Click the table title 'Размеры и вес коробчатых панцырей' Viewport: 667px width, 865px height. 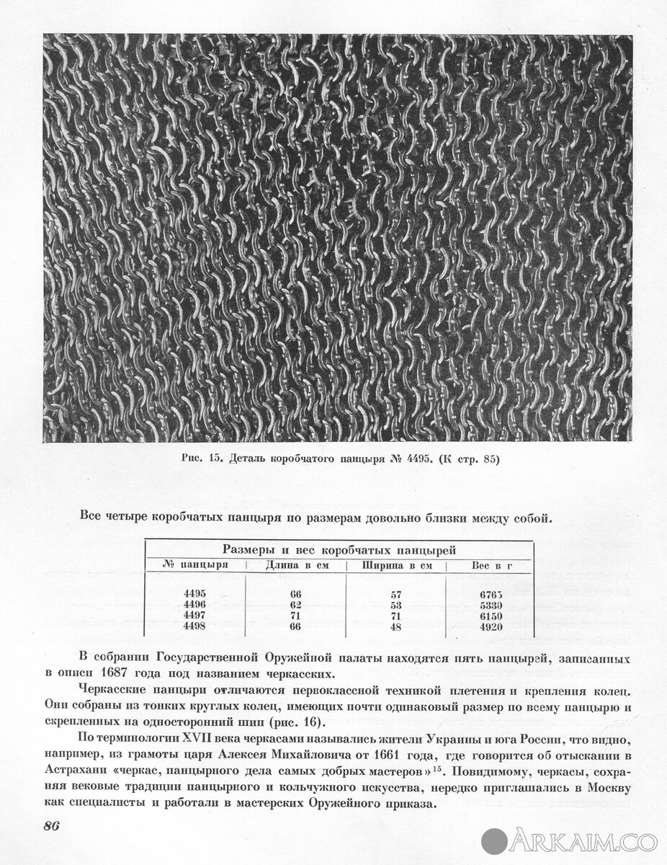tap(339, 549)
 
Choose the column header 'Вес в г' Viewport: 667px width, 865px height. tap(491, 565)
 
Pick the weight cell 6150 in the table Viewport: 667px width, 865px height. tap(491, 616)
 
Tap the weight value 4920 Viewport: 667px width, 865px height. tap(491, 627)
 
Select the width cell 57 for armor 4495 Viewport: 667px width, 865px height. tap(396, 595)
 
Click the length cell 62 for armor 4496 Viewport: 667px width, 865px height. tap(296, 605)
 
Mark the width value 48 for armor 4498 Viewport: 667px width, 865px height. tap(396, 627)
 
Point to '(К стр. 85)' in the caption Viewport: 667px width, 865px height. tap(465, 458)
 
